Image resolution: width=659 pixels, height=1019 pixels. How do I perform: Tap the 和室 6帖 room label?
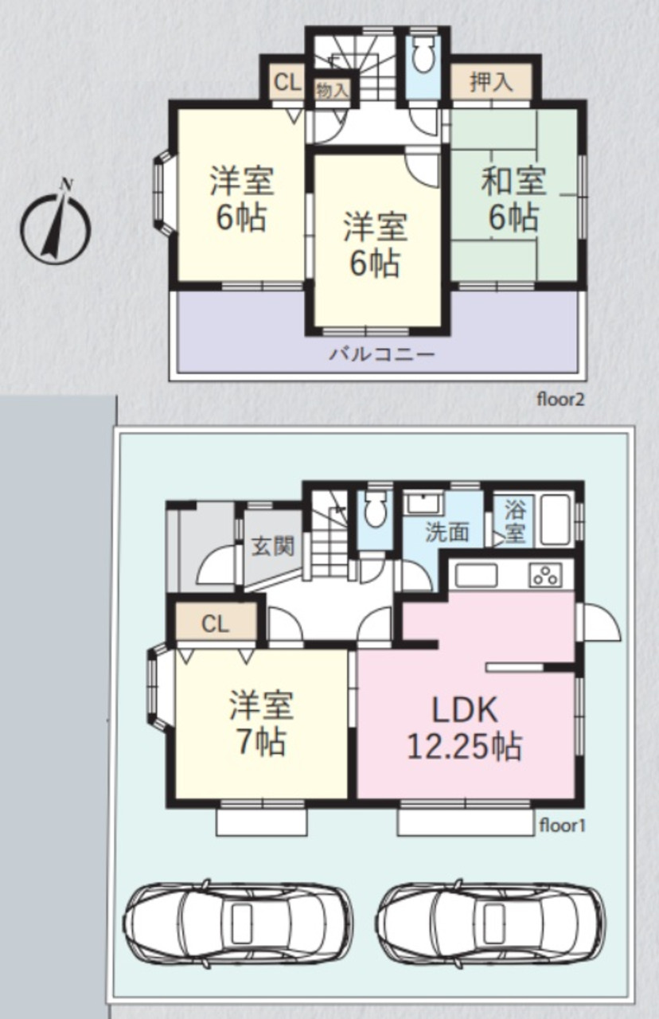[x=514, y=199]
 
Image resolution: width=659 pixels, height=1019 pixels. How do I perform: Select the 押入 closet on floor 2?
[x=491, y=82]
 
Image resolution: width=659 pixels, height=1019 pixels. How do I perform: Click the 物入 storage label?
[x=333, y=90]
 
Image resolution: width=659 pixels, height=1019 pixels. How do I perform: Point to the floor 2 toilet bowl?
[x=424, y=55]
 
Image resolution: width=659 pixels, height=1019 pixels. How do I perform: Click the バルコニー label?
[x=382, y=353]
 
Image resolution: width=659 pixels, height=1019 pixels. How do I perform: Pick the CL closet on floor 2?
[x=287, y=83]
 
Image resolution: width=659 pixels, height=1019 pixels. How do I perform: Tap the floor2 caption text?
[x=560, y=400]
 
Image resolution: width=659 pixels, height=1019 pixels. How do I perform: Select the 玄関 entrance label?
[x=273, y=546]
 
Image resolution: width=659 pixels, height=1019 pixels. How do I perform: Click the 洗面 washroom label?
[x=446, y=532]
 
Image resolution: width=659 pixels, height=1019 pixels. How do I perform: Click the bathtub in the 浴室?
[x=556, y=520]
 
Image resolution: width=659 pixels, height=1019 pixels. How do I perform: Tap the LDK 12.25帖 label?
[x=464, y=728]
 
